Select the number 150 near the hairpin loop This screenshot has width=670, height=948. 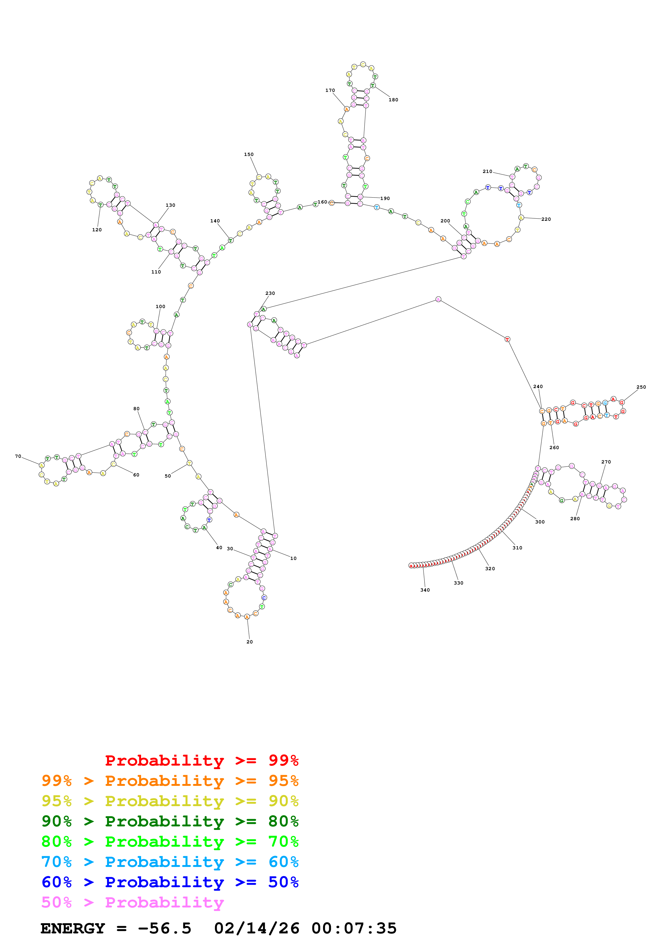[x=249, y=154]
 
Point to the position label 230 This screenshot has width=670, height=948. [x=270, y=293]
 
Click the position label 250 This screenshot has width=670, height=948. [x=641, y=387]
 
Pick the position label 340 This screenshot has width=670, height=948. [x=425, y=590]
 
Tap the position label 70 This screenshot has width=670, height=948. [x=18, y=456]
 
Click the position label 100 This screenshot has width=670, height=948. [x=160, y=306]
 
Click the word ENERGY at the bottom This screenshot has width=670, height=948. [x=73, y=928]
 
